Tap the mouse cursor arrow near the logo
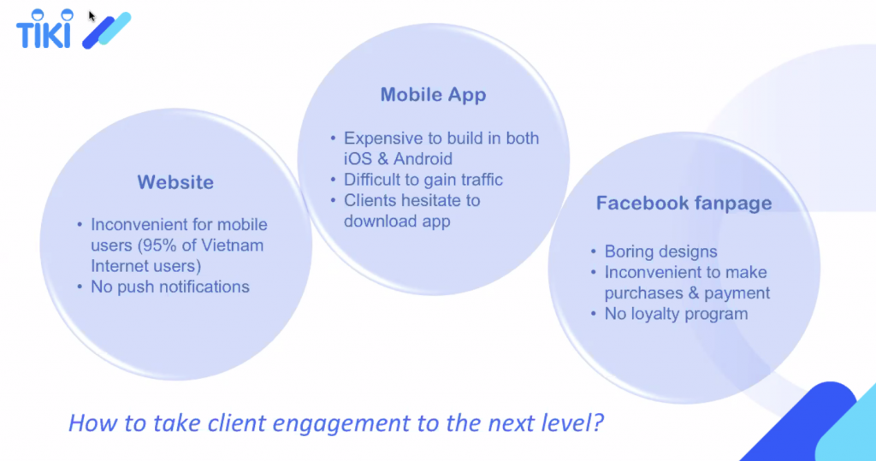coord(92,15)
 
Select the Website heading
coord(175,182)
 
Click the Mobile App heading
coord(433,95)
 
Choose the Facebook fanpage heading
coord(684,204)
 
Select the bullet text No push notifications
coord(170,287)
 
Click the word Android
coord(423,159)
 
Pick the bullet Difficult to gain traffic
coord(423,180)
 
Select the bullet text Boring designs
coord(660,251)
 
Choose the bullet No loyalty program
coord(676,314)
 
